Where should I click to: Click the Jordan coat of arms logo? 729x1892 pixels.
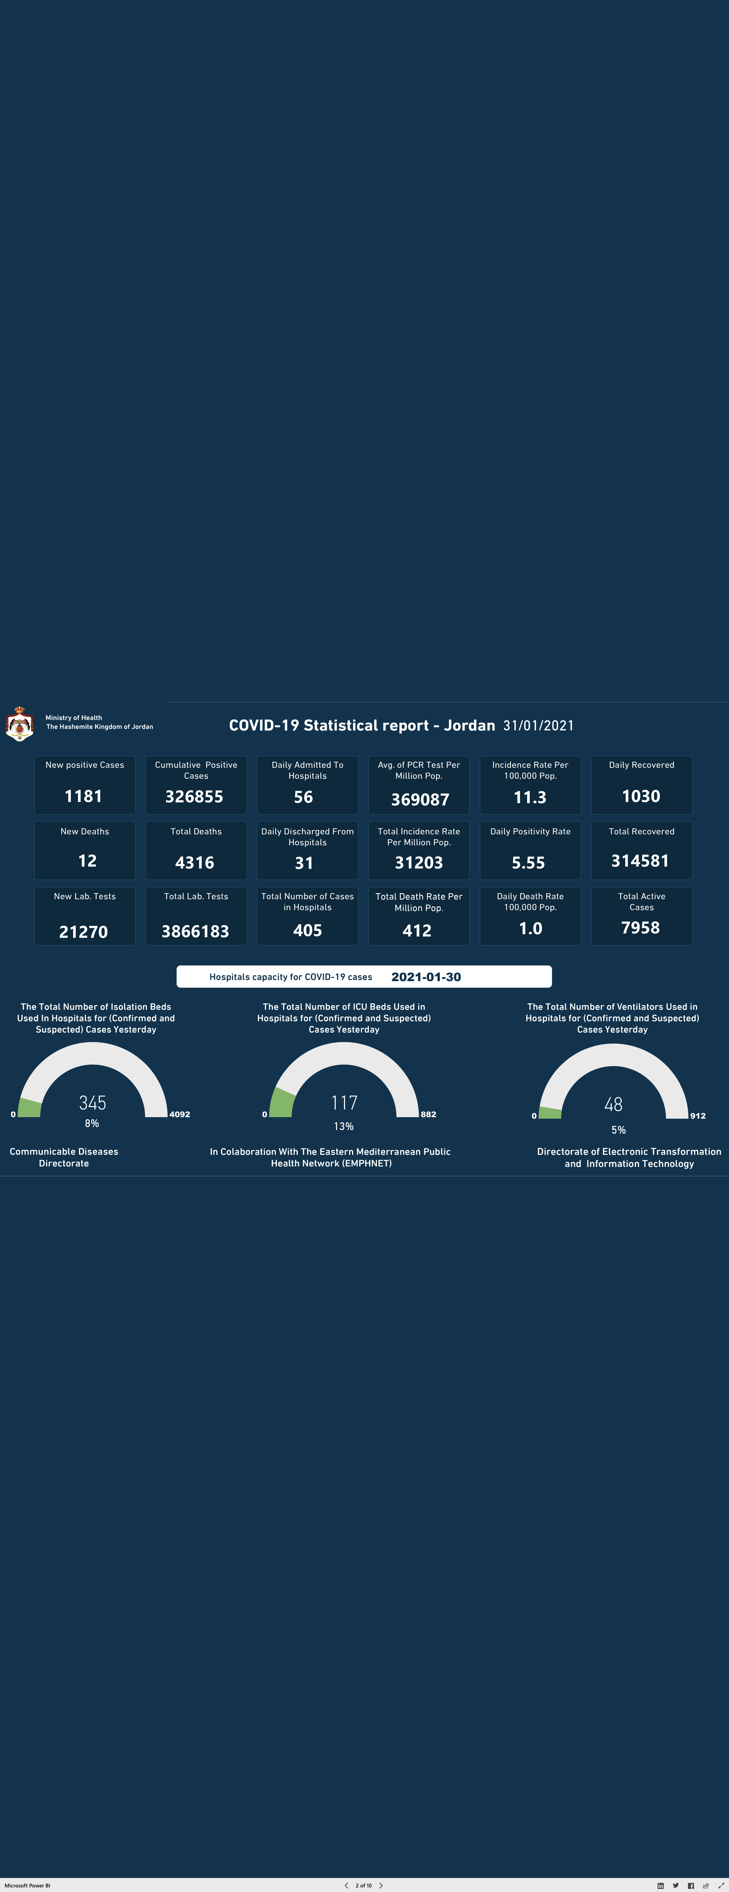click(19, 723)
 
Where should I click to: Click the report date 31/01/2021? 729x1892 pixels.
click(538, 726)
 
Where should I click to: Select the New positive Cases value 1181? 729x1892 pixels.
click(84, 796)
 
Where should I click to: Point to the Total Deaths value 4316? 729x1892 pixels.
click(195, 862)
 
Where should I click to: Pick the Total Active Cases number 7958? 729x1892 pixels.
click(640, 928)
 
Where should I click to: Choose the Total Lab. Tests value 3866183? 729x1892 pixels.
click(195, 931)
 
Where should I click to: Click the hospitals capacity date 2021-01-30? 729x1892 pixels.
click(426, 977)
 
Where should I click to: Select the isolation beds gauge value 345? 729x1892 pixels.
click(92, 1103)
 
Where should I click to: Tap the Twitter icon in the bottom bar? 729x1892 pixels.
click(675, 1885)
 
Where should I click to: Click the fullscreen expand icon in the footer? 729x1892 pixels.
click(720, 1885)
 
